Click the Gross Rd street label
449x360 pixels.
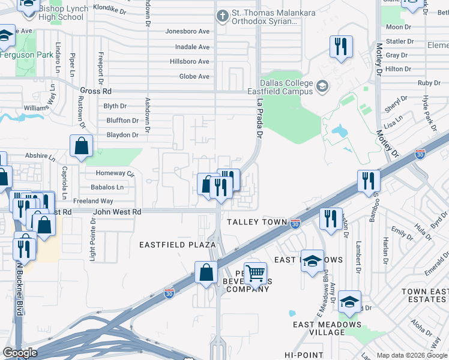click(95, 91)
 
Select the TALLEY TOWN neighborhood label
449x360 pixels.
click(257, 222)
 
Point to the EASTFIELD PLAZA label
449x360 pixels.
click(177, 245)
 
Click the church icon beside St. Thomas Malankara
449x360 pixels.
click(222, 15)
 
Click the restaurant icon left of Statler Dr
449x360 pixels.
click(341, 46)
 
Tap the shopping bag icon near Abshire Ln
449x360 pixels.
click(81, 146)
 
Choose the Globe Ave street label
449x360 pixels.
click(194, 77)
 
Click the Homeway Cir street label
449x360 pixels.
click(115, 173)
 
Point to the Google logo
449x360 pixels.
click(20, 353)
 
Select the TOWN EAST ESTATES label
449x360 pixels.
click(424, 296)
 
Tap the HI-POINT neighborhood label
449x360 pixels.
click(304, 355)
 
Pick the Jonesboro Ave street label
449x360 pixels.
click(187, 31)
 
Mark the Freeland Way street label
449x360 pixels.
click(93, 201)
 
